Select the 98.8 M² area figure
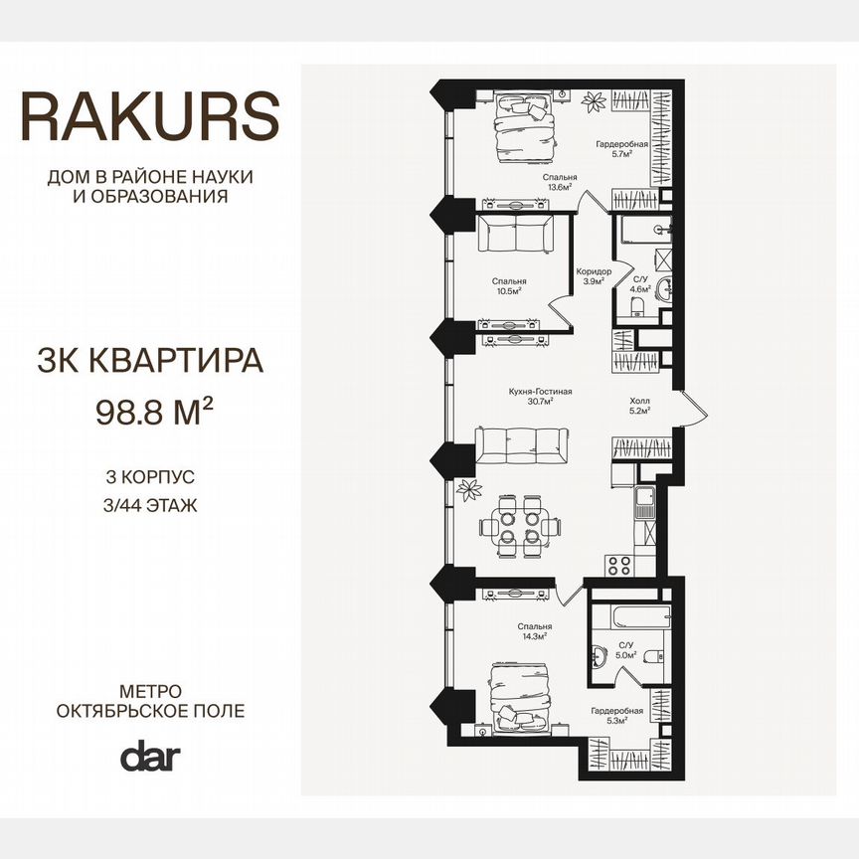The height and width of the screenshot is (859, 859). pyautogui.click(x=155, y=411)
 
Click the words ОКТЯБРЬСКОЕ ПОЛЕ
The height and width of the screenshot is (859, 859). pyautogui.click(x=150, y=711)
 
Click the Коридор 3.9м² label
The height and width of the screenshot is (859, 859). pyautogui.click(x=594, y=276)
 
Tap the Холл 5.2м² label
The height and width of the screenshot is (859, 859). pyautogui.click(x=639, y=406)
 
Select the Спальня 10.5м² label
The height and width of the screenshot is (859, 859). pyautogui.click(x=508, y=286)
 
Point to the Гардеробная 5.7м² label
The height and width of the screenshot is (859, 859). pyautogui.click(x=622, y=149)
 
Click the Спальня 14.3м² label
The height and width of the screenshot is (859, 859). pyautogui.click(x=534, y=631)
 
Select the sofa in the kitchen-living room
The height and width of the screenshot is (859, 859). pyautogui.click(x=522, y=446)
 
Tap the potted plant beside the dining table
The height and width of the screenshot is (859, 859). pyautogui.click(x=466, y=490)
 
